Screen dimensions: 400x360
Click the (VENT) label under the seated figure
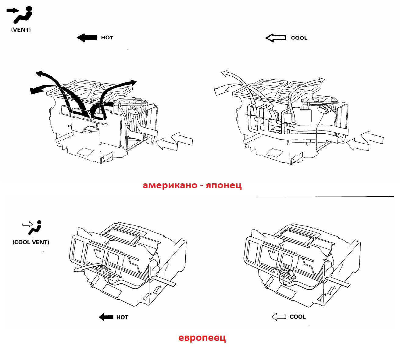coord(21,30)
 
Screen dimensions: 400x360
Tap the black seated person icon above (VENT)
coord(23,15)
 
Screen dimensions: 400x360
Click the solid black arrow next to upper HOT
coord(87,38)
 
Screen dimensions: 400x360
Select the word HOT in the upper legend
coord(107,38)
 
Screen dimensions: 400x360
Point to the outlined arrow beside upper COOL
coord(276,38)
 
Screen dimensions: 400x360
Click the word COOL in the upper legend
coord(299,38)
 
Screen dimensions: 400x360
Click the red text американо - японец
coord(192,185)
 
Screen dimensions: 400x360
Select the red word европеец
coord(202,337)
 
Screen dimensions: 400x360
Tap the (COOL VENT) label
coord(31,242)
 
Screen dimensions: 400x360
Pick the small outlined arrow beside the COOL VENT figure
coord(27,224)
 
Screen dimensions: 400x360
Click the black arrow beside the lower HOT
coord(106,317)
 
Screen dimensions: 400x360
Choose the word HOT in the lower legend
coord(122,317)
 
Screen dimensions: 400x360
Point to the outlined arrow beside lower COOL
coord(279,317)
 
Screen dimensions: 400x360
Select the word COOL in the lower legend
coord(298,317)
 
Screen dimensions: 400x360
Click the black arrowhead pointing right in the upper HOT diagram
coord(134,82)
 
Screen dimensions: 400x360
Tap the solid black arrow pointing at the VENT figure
coord(13,10)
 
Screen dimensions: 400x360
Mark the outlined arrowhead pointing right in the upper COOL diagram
coord(321,80)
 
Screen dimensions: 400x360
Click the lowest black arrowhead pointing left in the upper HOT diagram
coord(34,91)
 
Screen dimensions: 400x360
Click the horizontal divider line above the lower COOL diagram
coord(325,196)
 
